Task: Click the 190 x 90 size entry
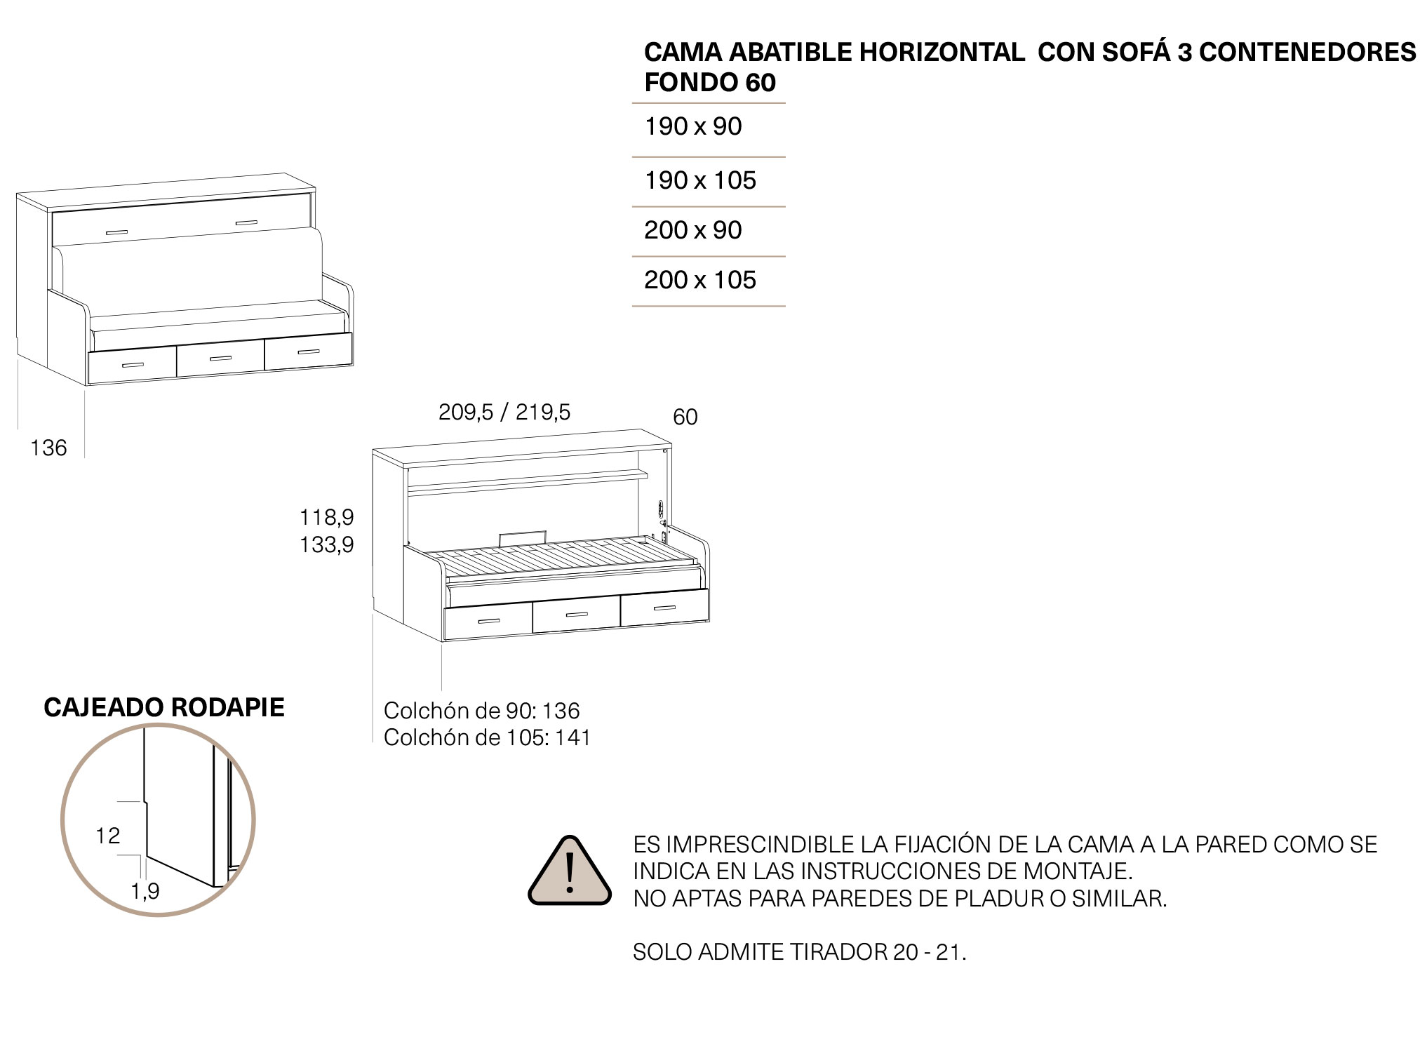693,127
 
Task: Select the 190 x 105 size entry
700,181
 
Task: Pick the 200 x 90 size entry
693,231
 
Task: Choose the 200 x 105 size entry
700,281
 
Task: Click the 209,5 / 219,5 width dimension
504,413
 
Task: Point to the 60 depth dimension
685,417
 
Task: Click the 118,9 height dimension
327,518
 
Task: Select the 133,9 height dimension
327,545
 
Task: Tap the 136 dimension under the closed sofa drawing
48,448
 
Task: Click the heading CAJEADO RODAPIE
164,708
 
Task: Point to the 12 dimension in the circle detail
108,836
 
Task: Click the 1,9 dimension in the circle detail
145,892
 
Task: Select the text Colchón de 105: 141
487,738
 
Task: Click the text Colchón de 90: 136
481,711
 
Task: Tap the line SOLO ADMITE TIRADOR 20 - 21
799,953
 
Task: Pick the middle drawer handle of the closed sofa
220,359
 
